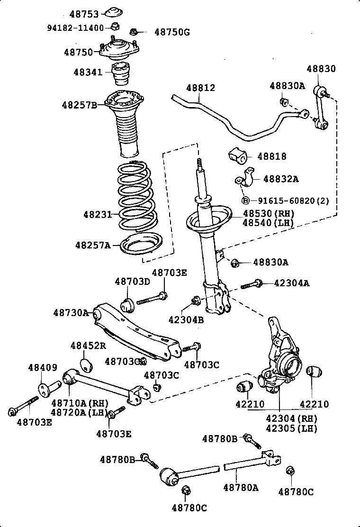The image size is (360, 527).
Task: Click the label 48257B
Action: pos(79,104)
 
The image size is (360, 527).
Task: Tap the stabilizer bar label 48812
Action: pos(200,88)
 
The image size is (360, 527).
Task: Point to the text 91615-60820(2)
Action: pos(290,201)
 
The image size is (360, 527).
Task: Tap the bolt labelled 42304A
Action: pos(252,284)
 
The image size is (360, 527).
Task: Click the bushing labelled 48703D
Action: pos(128,303)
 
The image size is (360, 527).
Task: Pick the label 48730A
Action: pos(71,313)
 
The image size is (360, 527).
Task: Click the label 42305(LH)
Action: pos(291,428)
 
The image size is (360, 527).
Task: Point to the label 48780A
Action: pos(241,487)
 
